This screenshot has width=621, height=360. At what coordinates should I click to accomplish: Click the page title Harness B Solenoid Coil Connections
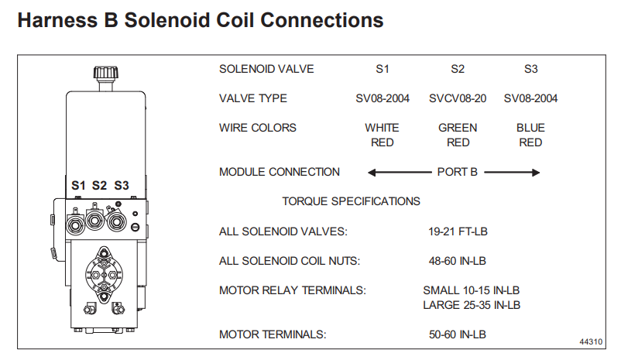(x=200, y=20)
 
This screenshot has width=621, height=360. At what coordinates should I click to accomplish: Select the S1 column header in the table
(x=382, y=69)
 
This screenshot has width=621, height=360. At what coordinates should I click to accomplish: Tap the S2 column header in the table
(x=458, y=69)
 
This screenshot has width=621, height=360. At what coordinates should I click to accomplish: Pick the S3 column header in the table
(x=530, y=69)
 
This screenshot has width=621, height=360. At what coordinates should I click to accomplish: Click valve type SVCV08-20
(x=458, y=98)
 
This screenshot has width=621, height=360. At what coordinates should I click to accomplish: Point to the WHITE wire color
(x=382, y=128)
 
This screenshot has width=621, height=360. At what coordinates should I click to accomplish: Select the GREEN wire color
(x=458, y=128)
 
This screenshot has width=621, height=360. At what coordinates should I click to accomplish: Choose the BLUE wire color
(x=530, y=128)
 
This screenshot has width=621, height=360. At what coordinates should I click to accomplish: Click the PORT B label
(x=458, y=172)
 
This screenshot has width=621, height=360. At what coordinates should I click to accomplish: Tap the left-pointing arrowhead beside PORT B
(x=372, y=172)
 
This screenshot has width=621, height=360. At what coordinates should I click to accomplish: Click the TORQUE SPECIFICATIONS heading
(x=351, y=201)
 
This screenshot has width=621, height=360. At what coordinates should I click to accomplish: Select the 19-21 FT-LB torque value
(x=458, y=231)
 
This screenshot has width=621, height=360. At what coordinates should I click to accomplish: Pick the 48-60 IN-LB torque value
(x=458, y=261)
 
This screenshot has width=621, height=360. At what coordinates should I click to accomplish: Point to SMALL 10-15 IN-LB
(x=471, y=290)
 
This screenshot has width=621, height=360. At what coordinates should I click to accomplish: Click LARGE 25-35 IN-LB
(x=471, y=304)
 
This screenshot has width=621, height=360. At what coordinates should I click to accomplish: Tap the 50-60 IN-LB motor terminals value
(x=458, y=334)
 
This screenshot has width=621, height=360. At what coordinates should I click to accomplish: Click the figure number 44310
(x=592, y=341)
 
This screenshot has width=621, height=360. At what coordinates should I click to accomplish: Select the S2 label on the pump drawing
(x=99, y=186)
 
